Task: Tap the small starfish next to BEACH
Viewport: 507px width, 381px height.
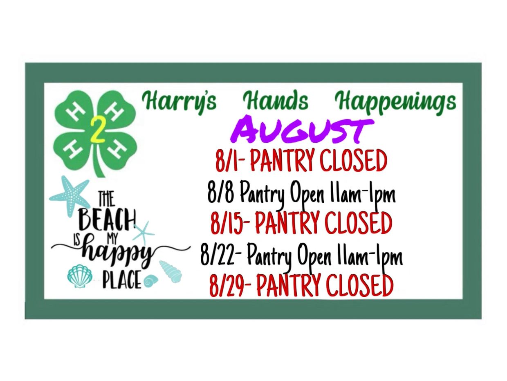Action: pos(144,232)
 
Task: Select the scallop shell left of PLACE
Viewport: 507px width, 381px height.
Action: pos(79,276)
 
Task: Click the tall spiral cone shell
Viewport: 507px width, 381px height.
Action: pos(170,270)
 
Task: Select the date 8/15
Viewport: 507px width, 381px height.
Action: pos(227,223)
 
